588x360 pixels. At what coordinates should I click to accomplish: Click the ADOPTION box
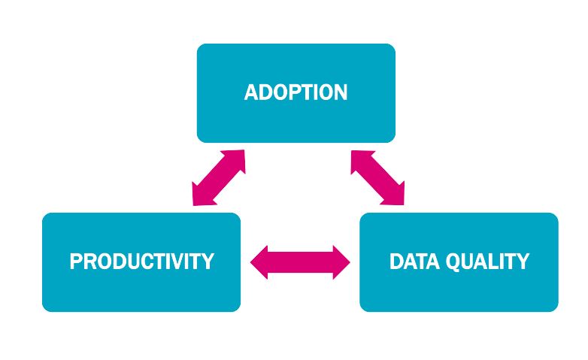[x=296, y=93]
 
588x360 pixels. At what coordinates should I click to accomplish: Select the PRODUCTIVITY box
[x=141, y=262]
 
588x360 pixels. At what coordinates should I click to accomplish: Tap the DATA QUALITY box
[x=459, y=262]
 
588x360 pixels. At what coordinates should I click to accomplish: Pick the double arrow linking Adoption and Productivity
[x=219, y=178]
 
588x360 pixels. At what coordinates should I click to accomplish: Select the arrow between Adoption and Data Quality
[x=377, y=178]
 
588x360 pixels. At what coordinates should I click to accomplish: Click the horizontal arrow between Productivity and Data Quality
[x=300, y=262]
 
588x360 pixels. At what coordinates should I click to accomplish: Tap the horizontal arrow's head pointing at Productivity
[x=259, y=262]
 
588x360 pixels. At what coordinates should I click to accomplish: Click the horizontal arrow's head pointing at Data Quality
[x=341, y=262]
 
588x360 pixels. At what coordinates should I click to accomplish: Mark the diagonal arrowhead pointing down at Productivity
[x=201, y=195]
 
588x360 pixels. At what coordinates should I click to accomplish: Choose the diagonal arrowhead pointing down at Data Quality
[x=396, y=195]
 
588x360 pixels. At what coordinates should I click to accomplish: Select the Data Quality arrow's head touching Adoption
[x=360, y=160]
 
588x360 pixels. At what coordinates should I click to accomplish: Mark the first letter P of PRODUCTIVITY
[x=76, y=262]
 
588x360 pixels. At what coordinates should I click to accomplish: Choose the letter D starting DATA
[x=396, y=262]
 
